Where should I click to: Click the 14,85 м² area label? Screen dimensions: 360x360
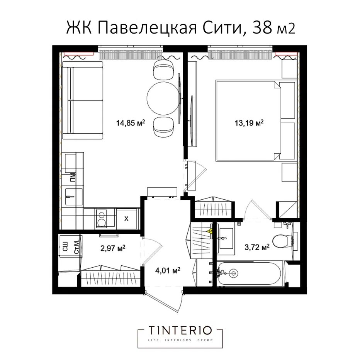(131, 123)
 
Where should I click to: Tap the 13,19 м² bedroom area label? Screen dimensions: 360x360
(249, 123)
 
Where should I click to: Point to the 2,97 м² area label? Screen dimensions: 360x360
(113, 248)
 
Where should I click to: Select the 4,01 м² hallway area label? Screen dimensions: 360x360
(168, 270)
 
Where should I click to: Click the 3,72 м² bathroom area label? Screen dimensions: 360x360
(257, 247)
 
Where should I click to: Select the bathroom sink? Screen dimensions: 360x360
(226, 238)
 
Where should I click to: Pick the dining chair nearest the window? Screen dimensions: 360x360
(163, 70)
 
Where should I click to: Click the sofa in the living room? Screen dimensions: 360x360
(82, 100)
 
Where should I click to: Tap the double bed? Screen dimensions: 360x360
(255, 120)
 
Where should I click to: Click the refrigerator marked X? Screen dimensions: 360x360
(127, 219)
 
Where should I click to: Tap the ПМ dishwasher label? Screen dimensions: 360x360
(73, 177)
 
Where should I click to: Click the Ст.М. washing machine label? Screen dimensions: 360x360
(77, 246)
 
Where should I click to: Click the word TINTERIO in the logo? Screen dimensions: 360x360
(180, 331)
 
